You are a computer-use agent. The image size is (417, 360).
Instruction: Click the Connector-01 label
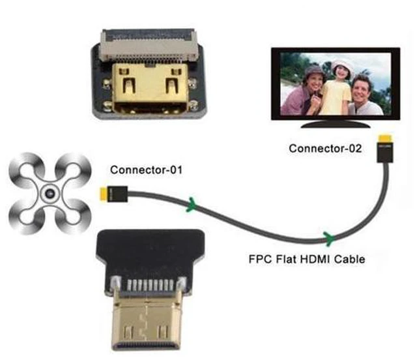coord(146,170)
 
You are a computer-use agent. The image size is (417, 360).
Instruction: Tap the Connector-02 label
coord(325,148)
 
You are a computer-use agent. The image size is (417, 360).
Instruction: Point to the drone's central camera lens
coord(50,193)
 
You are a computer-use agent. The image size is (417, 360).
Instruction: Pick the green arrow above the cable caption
coord(329,238)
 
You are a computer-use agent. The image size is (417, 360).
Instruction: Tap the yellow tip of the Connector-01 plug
coord(103,194)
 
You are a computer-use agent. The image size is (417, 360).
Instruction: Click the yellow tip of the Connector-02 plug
coord(385,139)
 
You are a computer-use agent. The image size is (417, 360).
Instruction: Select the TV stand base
coord(336,125)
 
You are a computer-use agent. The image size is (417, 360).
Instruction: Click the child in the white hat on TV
coord(338,88)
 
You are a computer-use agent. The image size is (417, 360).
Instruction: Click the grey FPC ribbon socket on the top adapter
coord(149,45)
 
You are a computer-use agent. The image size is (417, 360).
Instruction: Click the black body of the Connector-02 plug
coord(385,153)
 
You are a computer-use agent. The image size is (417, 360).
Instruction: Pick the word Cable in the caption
coord(349,259)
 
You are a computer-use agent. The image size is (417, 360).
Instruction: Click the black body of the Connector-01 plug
coord(117,194)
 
